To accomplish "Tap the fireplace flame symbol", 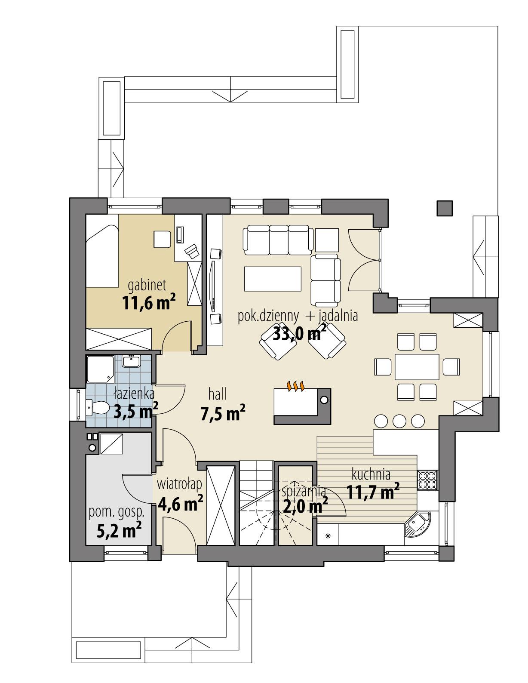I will pos(296,386).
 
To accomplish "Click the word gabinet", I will pos(147,284).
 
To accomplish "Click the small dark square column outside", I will pos(445,208).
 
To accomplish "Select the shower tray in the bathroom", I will pos(100,369).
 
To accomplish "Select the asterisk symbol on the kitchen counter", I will pos(328,536).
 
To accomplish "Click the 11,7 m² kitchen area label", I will pos(372,491).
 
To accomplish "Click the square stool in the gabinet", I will pos(162,239).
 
